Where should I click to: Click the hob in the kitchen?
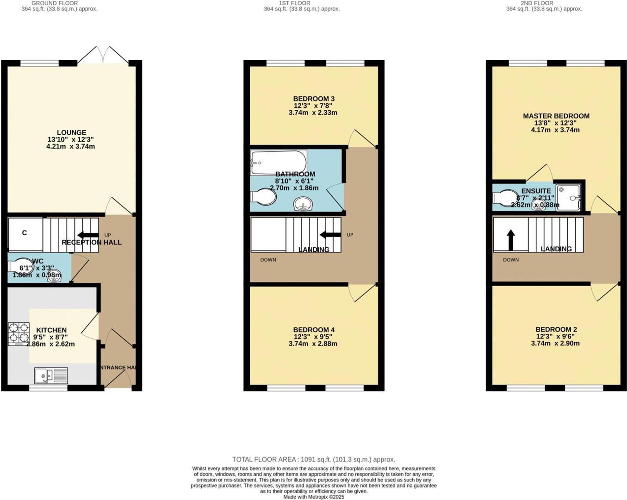click(19, 334)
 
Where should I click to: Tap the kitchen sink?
click(51, 375)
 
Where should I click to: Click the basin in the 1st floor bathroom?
click(303, 203)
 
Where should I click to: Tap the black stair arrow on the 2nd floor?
click(511, 240)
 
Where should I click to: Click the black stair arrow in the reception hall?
click(87, 235)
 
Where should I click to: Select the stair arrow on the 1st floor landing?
click(330, 235)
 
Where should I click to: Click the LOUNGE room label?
click(71, 132)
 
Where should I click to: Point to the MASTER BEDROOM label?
click(556, 116)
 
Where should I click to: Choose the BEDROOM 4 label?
click(314, 330)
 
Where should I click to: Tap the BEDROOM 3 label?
click(313, 99)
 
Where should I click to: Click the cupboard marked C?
click(25, 233)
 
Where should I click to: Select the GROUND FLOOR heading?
click(55, 3)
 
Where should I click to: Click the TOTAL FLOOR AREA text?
click(313, 459)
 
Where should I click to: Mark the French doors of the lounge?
click(103, 55)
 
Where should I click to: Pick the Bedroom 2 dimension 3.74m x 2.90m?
click(555, 344)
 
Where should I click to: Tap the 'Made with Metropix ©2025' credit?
click(314, 497)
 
